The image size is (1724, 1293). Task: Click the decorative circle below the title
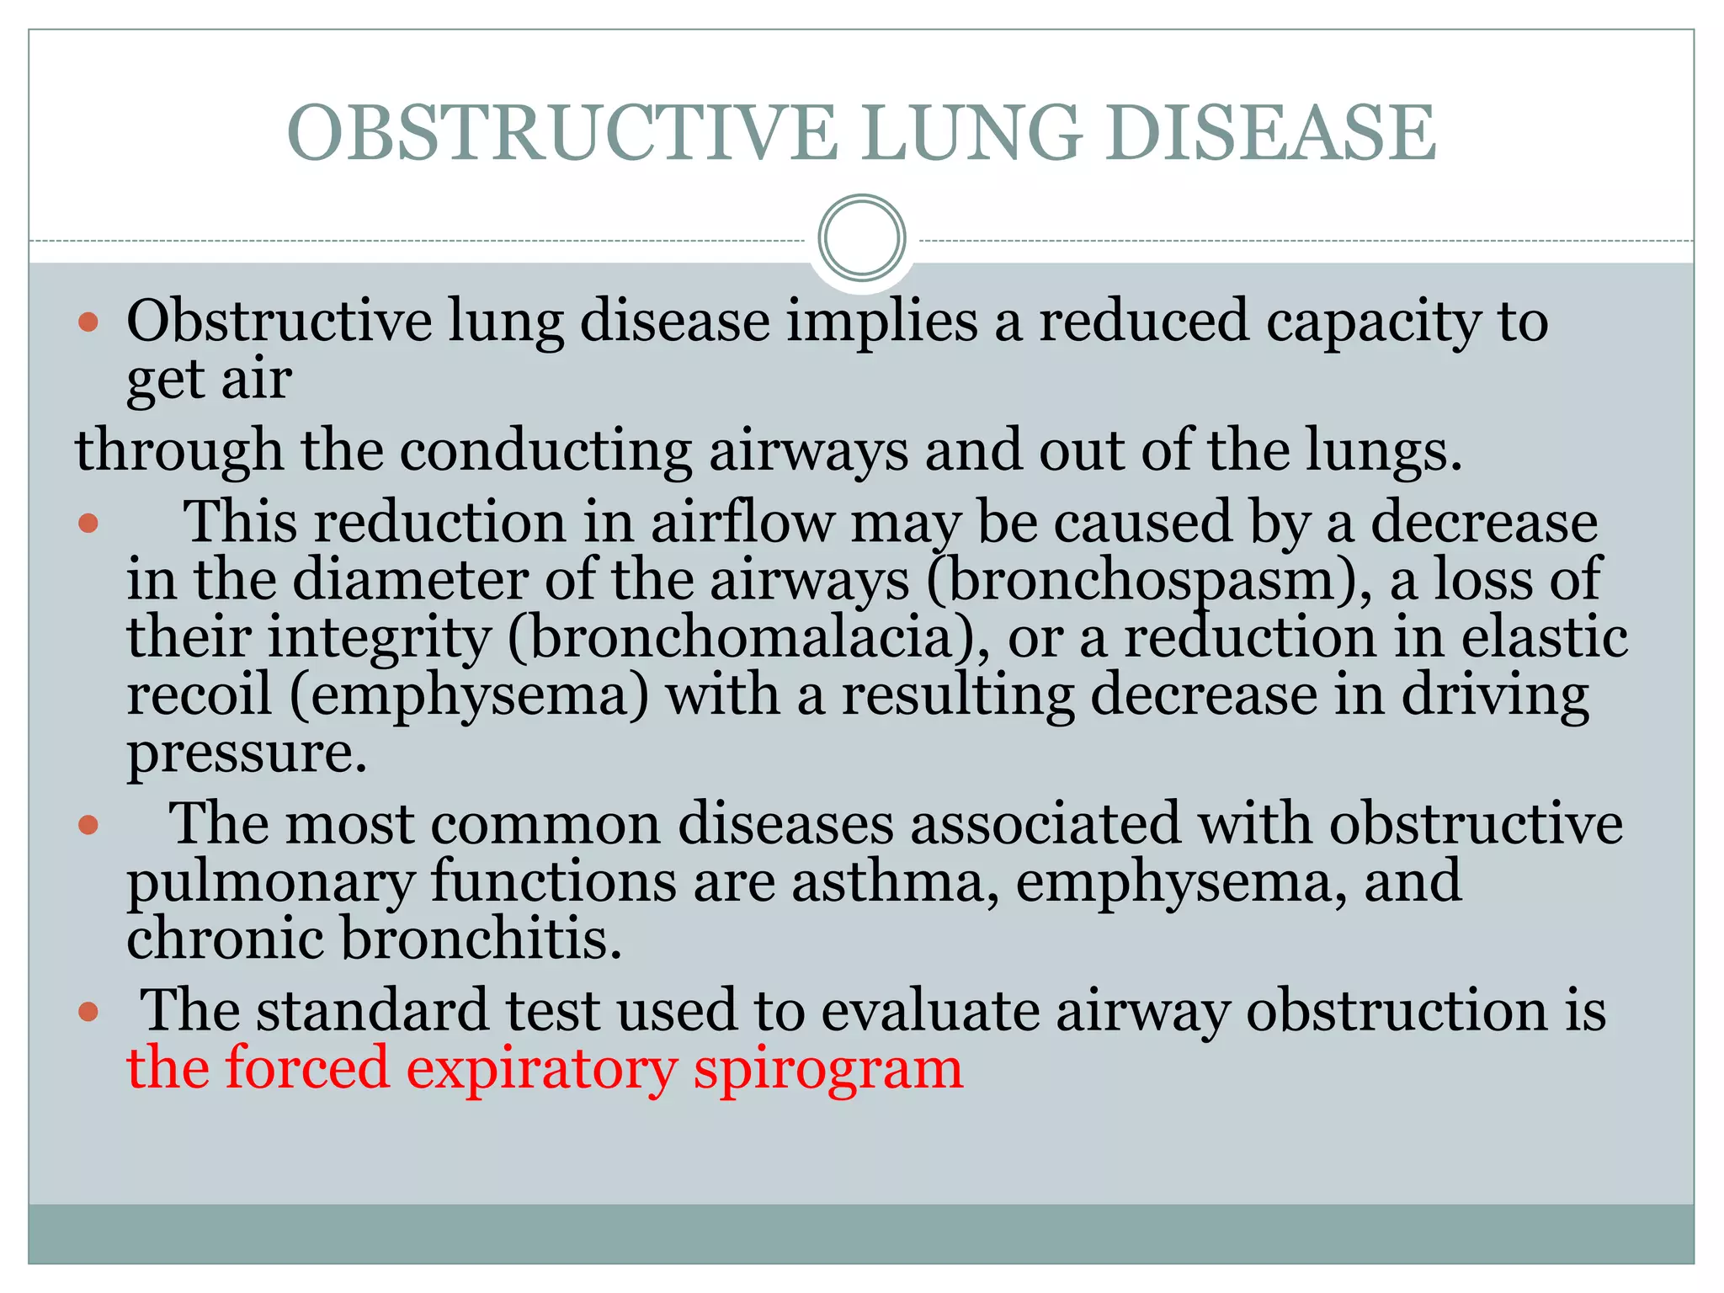(861, 237)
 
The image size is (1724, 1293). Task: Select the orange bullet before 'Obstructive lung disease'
(88, 322)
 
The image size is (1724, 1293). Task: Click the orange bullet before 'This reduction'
(88, 524)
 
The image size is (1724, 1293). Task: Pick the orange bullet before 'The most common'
(88, 825)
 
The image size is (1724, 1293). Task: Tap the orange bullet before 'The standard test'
(88, 1011)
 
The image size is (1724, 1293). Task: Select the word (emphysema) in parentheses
(470, 696)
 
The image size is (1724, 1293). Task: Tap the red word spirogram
(828, 1069)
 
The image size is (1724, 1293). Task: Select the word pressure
(246, 753)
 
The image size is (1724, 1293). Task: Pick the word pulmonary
(270, 883)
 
